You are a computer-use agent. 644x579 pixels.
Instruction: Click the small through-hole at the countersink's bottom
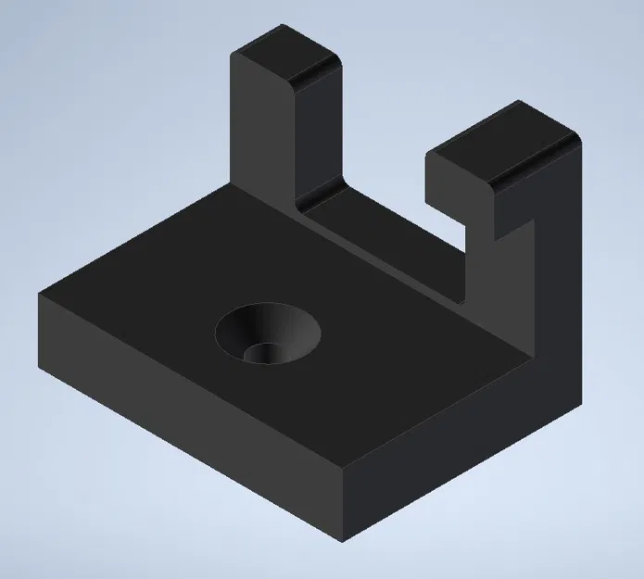pos(266,353)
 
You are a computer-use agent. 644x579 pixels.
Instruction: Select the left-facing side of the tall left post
pos(259,139)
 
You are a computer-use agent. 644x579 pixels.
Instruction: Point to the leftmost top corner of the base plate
pos(39,295)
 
